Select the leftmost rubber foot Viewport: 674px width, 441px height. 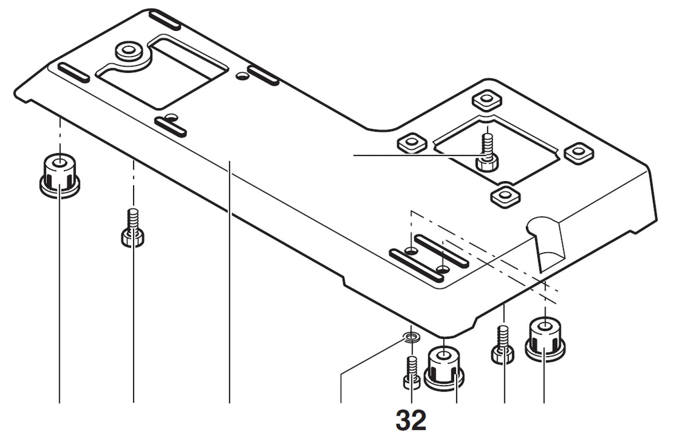pyautogui.click(x=59, y=175)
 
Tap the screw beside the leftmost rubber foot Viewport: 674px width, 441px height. pyautogui.click(x=132, y=228)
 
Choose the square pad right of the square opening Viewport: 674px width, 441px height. pyautogui.click(x=579, y=152)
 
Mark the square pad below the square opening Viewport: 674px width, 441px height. pyautogui.click(x=505, y=195)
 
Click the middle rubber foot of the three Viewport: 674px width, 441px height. pyautogui.click(x=444, y=367)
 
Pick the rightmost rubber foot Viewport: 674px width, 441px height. pyautogui.click(x=545, y=338)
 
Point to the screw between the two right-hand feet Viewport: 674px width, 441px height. pyautogui.click(x=504, y=346)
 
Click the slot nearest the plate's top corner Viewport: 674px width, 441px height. pyautogui.click(x=165, y=19)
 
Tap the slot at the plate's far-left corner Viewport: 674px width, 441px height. pyautogui.click(x=73, y=72)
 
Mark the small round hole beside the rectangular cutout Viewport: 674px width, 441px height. pyautogui.click(x=242, y=77)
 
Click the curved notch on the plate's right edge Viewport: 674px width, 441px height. pyautogui.click(x=548, y=240)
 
